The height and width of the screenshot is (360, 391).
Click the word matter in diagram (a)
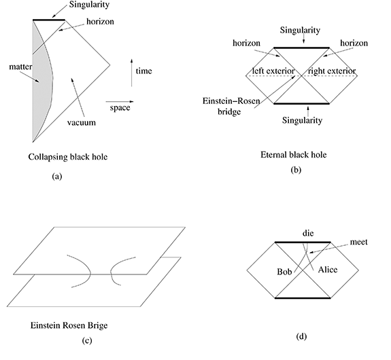[20, 67]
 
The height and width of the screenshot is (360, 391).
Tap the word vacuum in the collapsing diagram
[82, 122]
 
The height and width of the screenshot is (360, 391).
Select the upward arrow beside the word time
[132, 73]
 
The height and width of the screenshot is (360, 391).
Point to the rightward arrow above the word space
[120, 102]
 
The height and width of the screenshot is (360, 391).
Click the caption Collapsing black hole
[68, 157]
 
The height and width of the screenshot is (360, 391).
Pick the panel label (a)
[57, 177]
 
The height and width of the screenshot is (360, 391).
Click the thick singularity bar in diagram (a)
[49, 20]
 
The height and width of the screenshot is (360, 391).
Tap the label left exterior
[273, 71]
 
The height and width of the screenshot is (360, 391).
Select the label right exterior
[332, 71]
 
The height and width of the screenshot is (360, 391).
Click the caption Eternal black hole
[294, 155]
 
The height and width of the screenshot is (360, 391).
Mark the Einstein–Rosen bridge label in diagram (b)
[231, 106]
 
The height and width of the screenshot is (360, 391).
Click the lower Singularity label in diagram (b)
[302, 120]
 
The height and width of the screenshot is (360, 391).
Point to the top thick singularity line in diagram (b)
[302, 48]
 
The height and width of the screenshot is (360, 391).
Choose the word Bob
[284, 272]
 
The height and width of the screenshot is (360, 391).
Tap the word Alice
[328, 270]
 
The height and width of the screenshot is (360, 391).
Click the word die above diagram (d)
[308, 233]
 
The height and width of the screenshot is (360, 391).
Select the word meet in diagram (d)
[358, 242]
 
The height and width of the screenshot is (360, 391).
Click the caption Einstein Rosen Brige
[69, 325]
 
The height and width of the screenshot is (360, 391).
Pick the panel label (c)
[87, 340]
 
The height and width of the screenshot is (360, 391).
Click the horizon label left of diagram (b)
[246, 43]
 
